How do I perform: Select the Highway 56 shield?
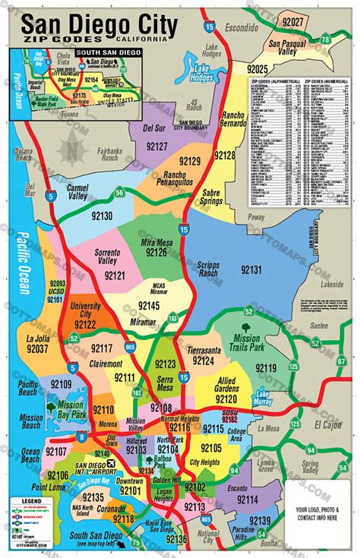tap(121, 193)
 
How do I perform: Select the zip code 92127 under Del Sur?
tap(157, 145)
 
